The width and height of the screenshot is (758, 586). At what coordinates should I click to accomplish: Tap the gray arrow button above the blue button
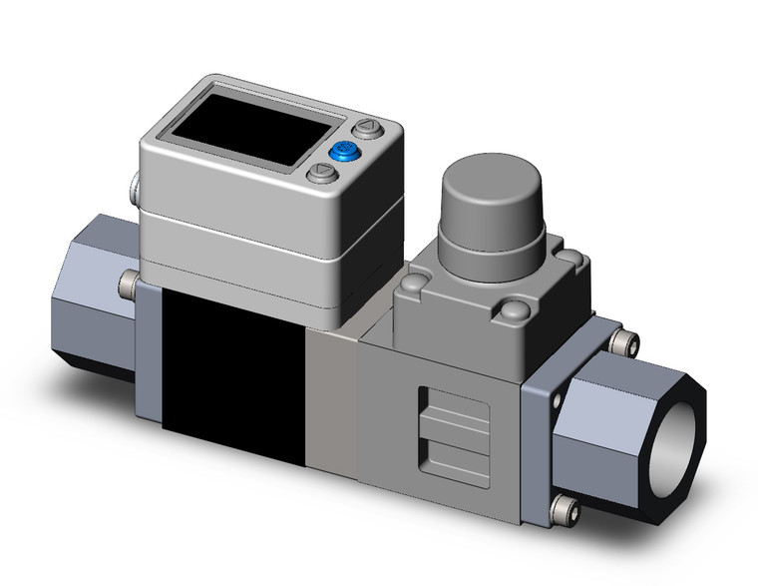[x=368, y=130]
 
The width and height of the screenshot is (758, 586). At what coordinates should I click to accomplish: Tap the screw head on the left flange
[x=128, y=286]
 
